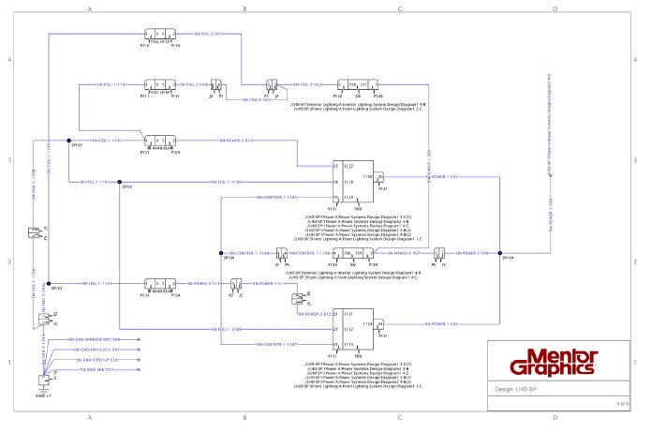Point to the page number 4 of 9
[x=621, y=403]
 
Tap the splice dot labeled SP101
[x=119, y=182]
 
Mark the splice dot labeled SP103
[x=48, y=282]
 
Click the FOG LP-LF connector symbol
[x=157, y=34]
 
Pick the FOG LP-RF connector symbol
[x=157, y=84]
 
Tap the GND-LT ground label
[x=43, y=396]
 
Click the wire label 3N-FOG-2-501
[x=206, y=34]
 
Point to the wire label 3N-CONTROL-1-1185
[x=276, y=198]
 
